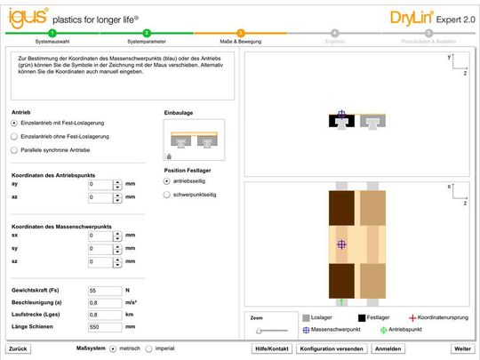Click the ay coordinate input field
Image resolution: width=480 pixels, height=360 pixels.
100,185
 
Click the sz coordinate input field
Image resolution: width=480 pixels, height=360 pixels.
100,262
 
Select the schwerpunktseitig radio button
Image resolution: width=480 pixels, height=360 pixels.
167,193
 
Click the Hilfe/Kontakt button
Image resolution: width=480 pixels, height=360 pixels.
272,349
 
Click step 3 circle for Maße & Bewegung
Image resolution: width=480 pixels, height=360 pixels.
240,33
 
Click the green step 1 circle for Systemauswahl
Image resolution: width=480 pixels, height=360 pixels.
52,33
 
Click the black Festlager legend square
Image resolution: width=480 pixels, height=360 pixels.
363,317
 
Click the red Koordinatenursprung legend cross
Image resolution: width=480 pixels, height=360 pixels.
411,317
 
